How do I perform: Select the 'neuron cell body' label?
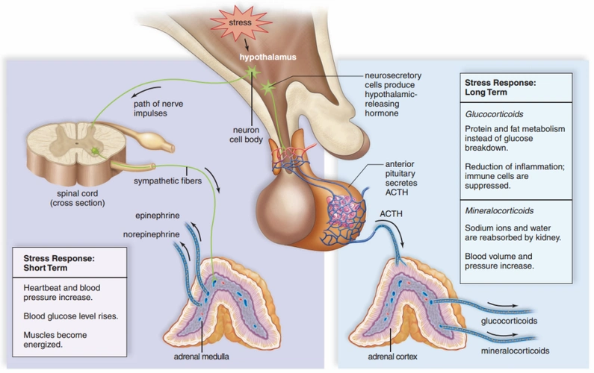click(252, 134)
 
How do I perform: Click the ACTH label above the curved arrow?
click(391, 214)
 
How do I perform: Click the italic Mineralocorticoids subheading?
click(501, 210)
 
